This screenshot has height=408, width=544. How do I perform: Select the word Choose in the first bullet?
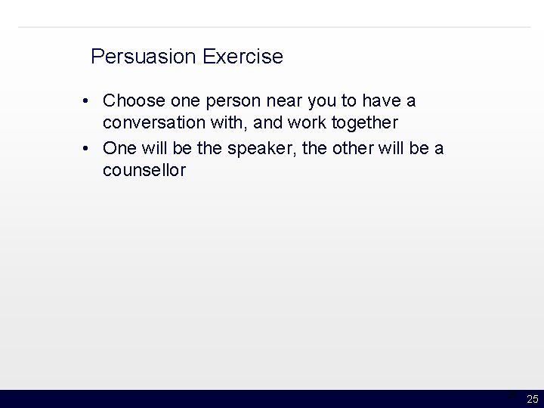pos(131,100)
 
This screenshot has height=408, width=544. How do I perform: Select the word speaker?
pos(260,147)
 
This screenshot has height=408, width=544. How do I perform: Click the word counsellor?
pos(144,171)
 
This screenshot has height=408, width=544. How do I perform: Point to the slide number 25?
pos(532,399)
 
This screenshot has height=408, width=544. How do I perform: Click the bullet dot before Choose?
pos(88,101)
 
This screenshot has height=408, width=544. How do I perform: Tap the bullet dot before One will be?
pos(88,148)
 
